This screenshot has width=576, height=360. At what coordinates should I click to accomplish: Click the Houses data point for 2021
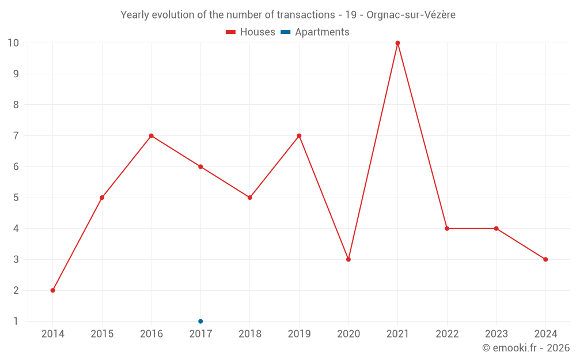[397, 43]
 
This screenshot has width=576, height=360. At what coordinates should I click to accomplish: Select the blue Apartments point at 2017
[200, 321]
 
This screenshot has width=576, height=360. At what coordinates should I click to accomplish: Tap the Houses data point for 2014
[53, 290]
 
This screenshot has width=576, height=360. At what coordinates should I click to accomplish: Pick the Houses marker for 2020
[348, 259]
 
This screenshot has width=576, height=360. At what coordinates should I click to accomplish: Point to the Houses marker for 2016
[151, 136]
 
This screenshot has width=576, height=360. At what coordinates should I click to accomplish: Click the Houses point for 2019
[299, 136]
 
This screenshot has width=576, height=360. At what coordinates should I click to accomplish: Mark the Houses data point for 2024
[545, 259]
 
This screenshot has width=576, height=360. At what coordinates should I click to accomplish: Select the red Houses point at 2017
[200, 166]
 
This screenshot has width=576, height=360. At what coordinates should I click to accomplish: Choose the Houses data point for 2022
[447, 229]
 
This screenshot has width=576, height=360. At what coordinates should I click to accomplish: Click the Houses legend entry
[251, 32]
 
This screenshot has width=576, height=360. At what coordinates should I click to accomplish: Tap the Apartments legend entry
[315, 32]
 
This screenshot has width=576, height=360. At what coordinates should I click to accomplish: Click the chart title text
[288, 15]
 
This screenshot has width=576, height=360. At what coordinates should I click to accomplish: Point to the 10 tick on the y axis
[13, 43]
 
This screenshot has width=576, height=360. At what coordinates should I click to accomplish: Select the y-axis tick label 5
[16, 198]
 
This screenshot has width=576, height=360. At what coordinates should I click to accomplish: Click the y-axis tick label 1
[16, 321]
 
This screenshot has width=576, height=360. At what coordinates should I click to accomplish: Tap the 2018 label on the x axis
[250, 334]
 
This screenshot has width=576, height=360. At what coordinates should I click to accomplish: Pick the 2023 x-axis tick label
[497, 334]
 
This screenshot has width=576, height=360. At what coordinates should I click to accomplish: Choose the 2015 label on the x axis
[102, 334]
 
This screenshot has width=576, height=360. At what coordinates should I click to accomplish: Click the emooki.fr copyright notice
[526, 348]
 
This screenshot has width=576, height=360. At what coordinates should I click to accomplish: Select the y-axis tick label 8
[16, 105]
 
